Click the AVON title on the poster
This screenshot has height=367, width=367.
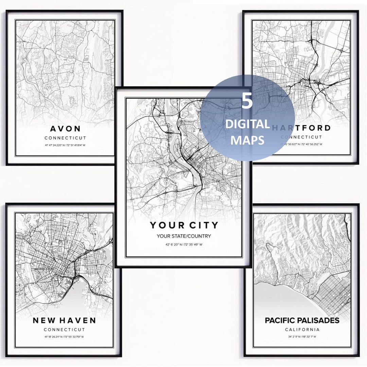pos(65,128)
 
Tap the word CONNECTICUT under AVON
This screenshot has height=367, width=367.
pos(65,138)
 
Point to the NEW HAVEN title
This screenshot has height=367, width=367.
pos(64,320)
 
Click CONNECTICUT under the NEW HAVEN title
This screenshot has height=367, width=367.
pos(64,330)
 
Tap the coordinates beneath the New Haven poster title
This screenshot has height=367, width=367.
pos(64,337)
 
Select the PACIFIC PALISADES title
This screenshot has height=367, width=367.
pos(302,320)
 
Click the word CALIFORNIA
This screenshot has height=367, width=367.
pos(302,329)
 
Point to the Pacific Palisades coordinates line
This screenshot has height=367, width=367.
pos(302,337)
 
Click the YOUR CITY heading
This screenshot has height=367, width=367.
pos(184,225)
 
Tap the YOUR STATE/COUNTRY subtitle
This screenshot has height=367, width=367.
pos(184,236)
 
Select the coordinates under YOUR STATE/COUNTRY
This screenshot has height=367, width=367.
pos(184,244)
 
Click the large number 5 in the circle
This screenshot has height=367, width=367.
pos(247,102)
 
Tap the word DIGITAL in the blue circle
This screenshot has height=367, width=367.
pos(247,124)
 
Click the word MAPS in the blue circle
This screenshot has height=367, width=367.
pos(247,140)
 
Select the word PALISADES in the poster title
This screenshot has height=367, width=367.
pos(317,320)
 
